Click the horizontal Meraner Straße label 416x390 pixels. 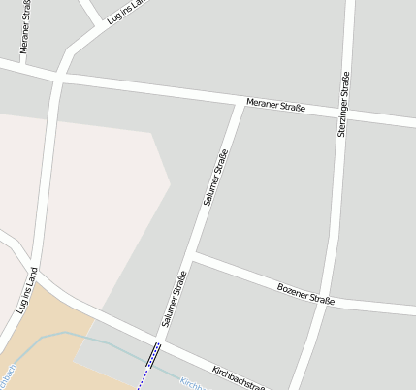(275, 105)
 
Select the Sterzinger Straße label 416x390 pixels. (343, 105)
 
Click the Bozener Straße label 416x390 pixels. (305, 293)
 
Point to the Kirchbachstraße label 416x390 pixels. (239, 376)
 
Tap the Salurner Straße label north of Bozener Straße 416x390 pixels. (215, 178)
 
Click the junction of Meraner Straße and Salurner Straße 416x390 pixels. (240, 101)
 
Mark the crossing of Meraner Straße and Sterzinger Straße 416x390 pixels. (345, 114)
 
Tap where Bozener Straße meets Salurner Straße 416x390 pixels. (195, 257)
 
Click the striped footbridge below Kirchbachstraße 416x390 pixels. (153, 356)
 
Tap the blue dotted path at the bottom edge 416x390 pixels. (141, 381)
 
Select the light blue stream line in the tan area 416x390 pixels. (68, 334)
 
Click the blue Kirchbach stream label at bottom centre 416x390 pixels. (192, 384)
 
